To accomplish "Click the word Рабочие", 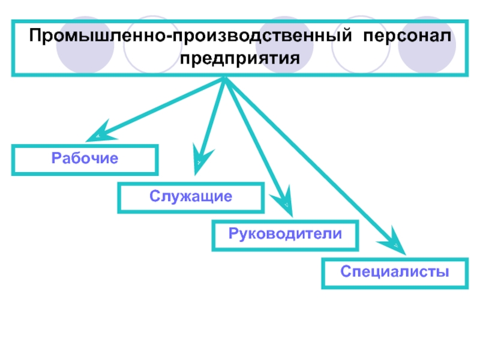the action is click(85, 158).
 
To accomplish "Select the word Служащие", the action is click(191, 196).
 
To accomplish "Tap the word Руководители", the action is click(285, 234).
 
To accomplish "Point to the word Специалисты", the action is click(395, 272).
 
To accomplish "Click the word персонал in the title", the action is click(407, 37).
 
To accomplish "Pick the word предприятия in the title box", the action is click(239, 58).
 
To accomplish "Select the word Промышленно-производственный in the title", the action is click(190, 35).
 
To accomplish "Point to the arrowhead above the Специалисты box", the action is click(394, 243).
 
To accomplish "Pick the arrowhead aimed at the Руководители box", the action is click(283, 202).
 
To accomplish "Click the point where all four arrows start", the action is click(225, 77).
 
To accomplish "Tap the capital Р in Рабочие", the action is click(56, 158).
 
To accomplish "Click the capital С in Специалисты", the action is click(346, 272).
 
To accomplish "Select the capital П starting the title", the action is click(35, 35).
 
